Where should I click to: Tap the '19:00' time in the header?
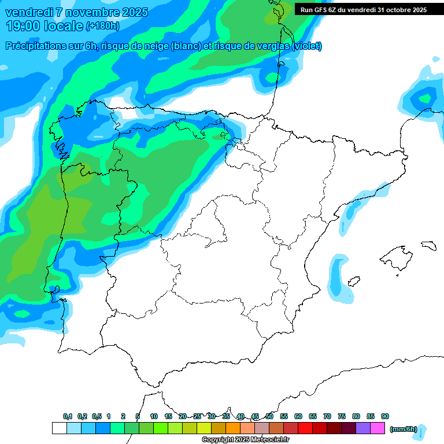point(22,26)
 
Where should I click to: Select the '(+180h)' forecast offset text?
point(102,26)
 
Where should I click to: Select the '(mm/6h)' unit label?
point(404,429)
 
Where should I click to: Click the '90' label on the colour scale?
point(385,416)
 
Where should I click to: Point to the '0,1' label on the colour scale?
point(68,416)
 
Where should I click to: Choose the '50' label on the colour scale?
point(269,416)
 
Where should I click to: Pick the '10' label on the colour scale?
point(154,416)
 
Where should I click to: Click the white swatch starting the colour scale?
point(59,428)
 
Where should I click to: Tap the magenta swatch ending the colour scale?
point(378,428)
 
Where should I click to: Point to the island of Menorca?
point(429,245)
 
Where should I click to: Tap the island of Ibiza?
point(352,283)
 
